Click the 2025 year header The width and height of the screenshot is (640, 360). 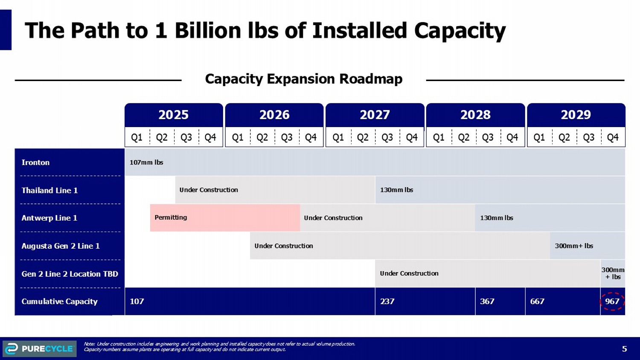173,115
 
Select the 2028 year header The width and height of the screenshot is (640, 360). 475,115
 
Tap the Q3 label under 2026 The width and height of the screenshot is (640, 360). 287,137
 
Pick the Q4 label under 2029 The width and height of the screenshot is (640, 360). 613,137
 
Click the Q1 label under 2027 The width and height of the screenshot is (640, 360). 338,137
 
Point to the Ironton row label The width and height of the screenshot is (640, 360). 35,163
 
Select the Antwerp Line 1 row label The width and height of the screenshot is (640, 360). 49,218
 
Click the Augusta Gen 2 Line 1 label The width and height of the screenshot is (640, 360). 61,246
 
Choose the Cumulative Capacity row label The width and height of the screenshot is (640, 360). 59,302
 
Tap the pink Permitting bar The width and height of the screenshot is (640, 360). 225,218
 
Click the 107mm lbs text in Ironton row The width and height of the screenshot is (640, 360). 146,163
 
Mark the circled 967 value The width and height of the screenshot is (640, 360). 612,302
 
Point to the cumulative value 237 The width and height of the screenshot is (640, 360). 387,302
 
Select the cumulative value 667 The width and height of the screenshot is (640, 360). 537,302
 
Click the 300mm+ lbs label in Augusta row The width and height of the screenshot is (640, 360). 574,246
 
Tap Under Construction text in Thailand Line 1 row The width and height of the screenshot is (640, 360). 209,190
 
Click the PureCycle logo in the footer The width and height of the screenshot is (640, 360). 39,348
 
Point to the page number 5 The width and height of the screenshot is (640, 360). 624,349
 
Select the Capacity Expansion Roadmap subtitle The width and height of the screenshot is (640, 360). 303,79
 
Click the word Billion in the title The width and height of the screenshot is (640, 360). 208,31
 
